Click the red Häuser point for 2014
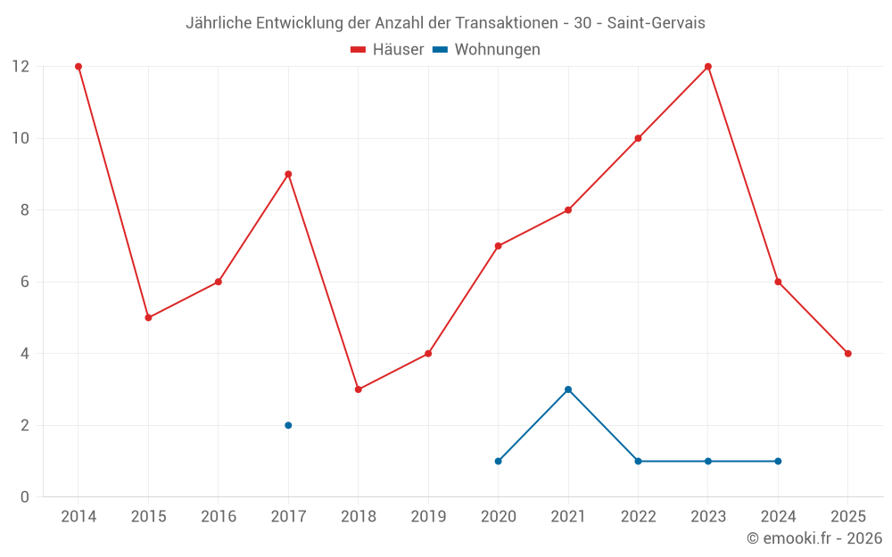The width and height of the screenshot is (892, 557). point(78,67)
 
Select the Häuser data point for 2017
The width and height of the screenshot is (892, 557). point(288,175)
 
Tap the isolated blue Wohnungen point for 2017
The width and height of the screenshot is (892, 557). point(288,425)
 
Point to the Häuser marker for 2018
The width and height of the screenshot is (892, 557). point(359,389)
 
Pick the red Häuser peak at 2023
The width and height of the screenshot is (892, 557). point(708,67)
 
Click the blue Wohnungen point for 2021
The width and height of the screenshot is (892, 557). point(568,389)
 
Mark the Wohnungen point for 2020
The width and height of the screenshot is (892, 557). point(499,461)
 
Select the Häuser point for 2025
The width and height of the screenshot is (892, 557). point(847,354)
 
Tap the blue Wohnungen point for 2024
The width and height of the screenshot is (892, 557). point(778,461)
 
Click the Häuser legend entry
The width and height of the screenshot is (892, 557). point(387,50)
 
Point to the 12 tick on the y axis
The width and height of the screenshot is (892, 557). point(21,67)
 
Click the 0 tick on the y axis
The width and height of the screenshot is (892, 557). point(25,496)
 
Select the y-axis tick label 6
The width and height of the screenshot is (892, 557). point(25,282)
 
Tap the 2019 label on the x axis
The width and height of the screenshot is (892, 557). point(428,517)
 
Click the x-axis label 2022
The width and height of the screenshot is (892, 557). point(638,517)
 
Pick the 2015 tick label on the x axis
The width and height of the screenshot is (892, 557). point(148,517)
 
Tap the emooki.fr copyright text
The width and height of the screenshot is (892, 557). point(814,538)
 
